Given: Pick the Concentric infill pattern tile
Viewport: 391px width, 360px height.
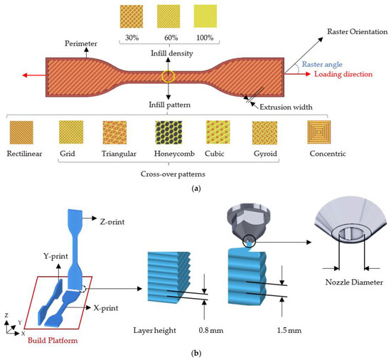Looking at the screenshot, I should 320,133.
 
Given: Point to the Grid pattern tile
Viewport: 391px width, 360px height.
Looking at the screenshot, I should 70,133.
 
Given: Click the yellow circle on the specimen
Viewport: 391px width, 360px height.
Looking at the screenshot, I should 168,76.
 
